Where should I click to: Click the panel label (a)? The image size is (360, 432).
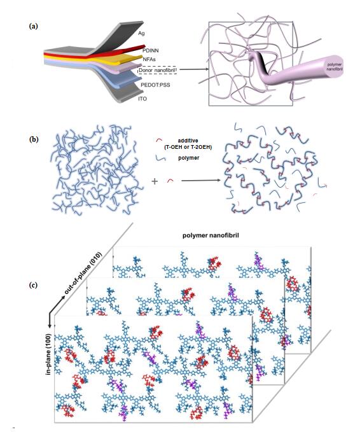[33, 27]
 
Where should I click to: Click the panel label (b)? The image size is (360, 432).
[34, 139]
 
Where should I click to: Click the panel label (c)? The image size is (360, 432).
[33, 285]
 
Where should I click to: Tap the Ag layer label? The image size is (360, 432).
[141, 33]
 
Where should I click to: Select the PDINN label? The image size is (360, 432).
[150, 51]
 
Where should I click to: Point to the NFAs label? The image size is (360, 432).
[149, 59]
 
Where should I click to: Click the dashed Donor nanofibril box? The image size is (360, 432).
[157, 71]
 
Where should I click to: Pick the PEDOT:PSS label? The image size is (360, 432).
[155, 85]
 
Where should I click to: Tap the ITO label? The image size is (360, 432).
[142, 99]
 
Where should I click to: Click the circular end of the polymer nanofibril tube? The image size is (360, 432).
[335, 67]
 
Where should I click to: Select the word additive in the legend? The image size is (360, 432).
[188, 141]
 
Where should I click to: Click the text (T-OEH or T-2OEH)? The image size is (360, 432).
[188, 148]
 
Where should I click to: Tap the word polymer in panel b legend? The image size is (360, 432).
[189, 158]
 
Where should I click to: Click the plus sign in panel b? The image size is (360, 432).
[155, 181]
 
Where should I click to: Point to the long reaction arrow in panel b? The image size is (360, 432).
[201, 181]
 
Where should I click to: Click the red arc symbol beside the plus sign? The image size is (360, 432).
[170, 181]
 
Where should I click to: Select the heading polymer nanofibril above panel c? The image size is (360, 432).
[211, 235]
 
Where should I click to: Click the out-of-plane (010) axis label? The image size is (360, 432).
[82, 274]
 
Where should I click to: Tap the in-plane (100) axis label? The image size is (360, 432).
[48, 354]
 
